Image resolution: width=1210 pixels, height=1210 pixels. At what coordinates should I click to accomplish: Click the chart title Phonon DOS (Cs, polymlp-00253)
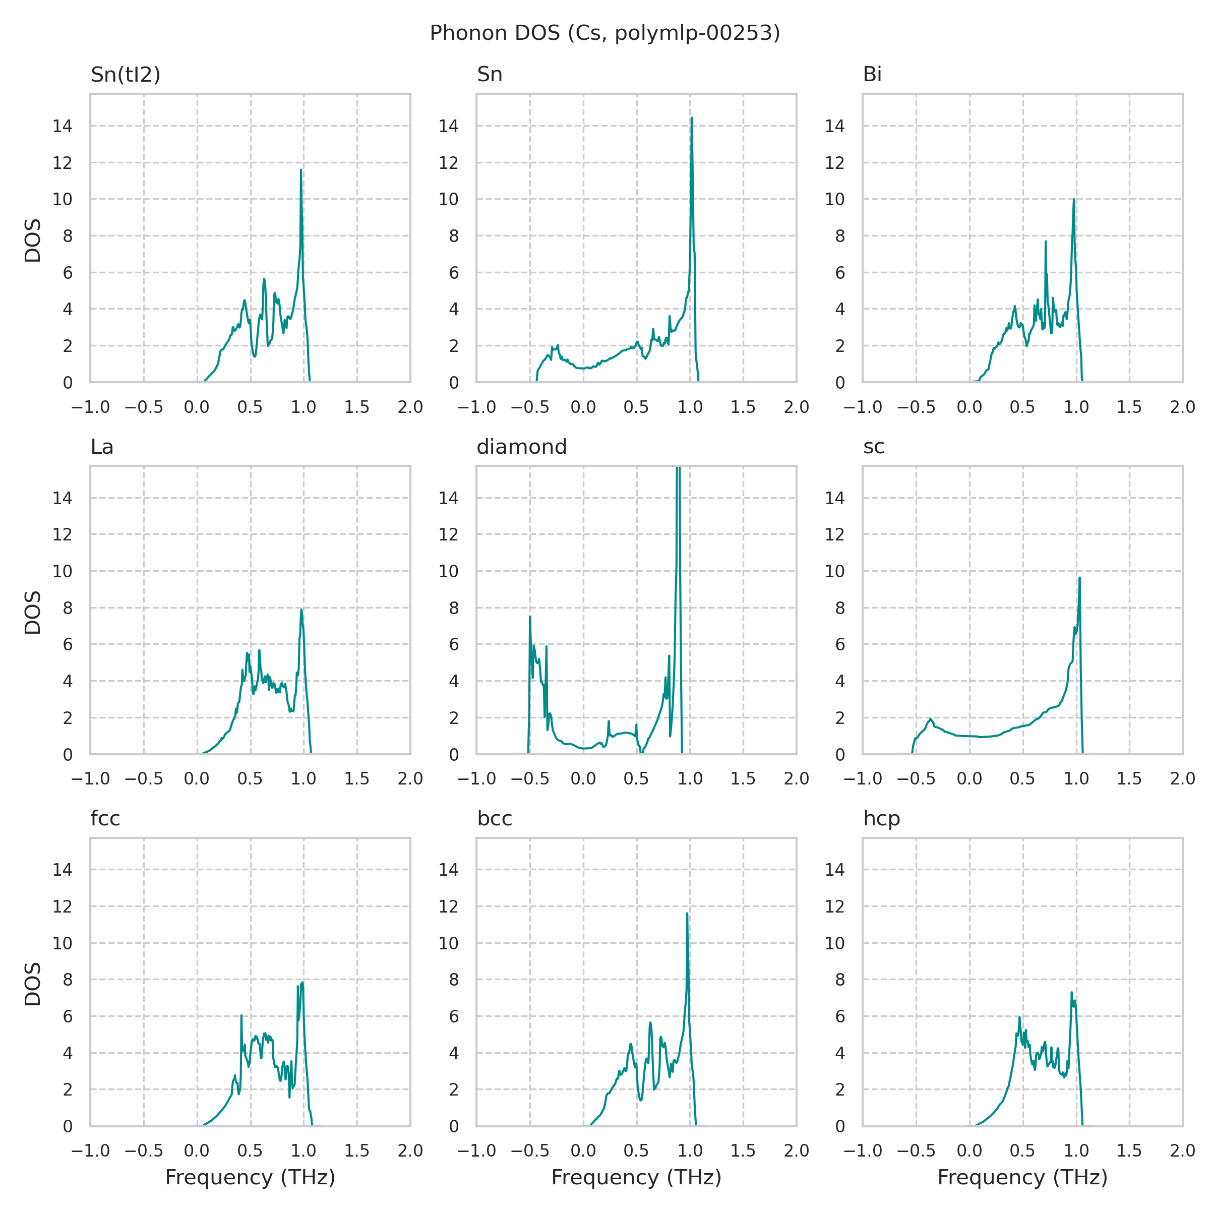click(604, 33)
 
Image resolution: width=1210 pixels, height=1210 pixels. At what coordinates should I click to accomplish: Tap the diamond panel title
click(522, 447)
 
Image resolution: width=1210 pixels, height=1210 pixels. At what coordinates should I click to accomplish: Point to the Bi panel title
click(872, 75)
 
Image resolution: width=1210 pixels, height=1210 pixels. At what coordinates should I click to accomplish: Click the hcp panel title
click(882, 819)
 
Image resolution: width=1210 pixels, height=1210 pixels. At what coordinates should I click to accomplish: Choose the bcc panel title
click(495, 819)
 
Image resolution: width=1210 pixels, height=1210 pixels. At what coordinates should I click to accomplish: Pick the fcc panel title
click(105, 819)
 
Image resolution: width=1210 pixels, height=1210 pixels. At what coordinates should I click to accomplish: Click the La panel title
click(102, 447)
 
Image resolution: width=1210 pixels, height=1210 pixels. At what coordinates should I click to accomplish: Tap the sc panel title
click(874, 447)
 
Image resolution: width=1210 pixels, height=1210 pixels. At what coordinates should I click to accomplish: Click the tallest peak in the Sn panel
click(691, 118)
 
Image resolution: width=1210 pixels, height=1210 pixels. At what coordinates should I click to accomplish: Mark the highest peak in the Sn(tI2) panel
click(300, 170)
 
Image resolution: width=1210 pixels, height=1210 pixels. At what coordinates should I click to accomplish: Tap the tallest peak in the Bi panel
click(1073, 200)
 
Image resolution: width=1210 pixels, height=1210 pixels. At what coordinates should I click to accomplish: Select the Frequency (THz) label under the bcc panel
click(636, 1177)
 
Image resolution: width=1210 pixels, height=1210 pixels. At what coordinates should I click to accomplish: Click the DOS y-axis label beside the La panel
click(33, 612)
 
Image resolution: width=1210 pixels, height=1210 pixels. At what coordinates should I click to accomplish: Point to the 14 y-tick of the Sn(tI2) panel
click(63, 127)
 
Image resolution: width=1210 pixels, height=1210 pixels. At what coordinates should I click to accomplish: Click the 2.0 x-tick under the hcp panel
click(1182, 1151)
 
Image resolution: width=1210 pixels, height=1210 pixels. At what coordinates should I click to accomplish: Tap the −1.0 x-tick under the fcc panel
click(91, 1151)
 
